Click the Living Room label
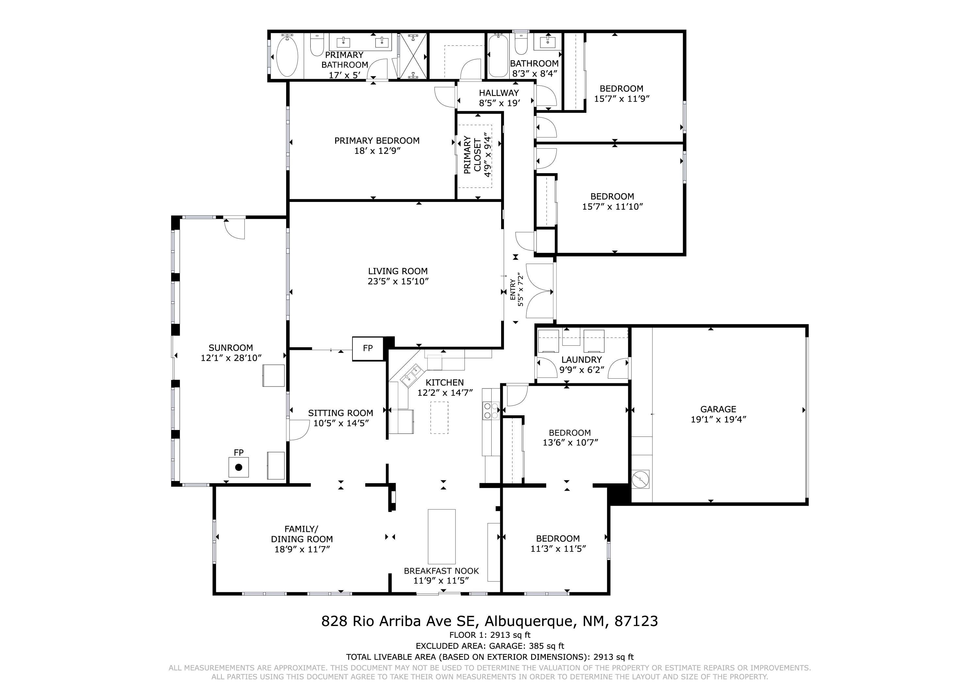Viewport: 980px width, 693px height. (398, 271)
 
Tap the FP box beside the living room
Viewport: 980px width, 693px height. (368, 348)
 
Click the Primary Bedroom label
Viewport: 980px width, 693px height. (377, 140)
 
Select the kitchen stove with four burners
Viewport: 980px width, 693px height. (491, 410)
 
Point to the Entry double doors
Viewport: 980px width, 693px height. (540, 290)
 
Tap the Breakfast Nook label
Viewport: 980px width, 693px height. (441, 571)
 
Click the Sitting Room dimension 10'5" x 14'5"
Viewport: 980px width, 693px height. (341, 423)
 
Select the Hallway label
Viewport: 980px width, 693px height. (499, 93)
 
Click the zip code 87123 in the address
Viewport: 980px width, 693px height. (636, 621)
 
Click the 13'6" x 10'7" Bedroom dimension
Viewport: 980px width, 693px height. (570, 443)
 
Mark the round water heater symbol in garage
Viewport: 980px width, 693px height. (640, 479)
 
